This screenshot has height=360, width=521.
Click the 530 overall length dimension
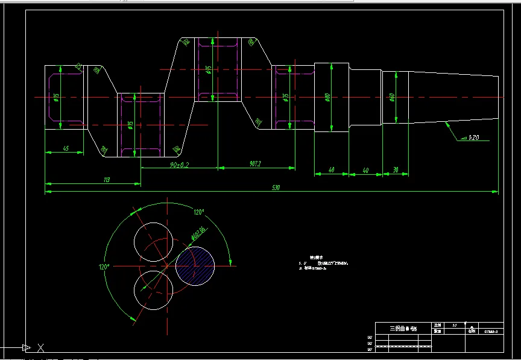point(276,188)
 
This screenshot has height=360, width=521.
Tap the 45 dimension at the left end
point(65,148)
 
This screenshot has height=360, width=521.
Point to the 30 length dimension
point(396,170)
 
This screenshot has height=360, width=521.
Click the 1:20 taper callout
point(473,139)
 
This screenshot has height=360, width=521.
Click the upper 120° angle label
point(198,212)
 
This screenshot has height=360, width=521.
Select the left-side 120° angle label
point(103,267)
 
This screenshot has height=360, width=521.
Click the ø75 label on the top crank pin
point(208,71)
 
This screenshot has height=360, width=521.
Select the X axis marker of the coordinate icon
point(40,348)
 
